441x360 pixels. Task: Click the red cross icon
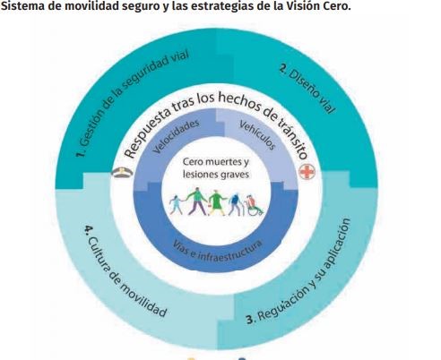[x=307, y=172]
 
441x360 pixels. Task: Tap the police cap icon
[x=122, y=172]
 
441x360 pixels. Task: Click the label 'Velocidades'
[x=176, y=136]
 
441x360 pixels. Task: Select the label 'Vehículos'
[x=257, y=135]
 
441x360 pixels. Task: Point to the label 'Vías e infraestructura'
[x=217, y=252]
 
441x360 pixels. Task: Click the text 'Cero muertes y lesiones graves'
[x=216, y=168]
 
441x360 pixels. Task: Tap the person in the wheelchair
[x=255, y=205]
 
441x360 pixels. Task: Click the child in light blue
[x=177, y=205]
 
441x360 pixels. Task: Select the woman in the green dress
[x=216, y=203]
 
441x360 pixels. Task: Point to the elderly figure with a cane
[x=236, y=204]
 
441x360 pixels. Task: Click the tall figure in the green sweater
[x=196, y=201]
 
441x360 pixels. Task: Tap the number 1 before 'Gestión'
[x=81, y=154]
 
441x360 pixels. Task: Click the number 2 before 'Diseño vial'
[x=283, y=69]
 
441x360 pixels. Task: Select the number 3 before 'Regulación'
[x=251, y=319]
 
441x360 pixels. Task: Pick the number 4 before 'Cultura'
[x=90, y=230]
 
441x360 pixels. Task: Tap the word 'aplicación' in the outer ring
[x=337, y=243]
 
